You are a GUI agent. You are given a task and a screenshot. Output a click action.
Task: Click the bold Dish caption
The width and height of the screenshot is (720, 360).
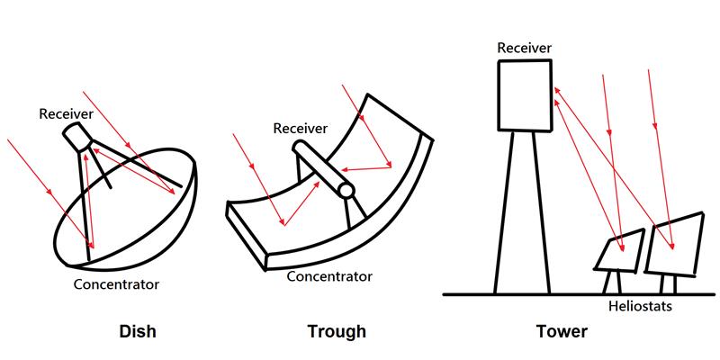[138, 330]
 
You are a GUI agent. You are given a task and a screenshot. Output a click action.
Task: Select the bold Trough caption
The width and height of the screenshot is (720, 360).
[337, 331]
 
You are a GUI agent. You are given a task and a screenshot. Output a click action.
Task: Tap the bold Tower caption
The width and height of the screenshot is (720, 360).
[562, 331]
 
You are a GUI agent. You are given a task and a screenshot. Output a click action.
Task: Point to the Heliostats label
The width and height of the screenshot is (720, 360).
[640, 306]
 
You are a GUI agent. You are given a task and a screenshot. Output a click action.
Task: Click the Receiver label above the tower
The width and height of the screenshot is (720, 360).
[525, 48]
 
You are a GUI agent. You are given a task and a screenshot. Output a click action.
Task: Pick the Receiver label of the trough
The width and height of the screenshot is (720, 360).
[301, 128]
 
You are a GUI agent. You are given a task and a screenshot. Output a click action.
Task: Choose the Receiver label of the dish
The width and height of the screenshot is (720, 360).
[66, 114]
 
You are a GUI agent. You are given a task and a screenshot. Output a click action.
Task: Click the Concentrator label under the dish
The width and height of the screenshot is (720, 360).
[116, 284]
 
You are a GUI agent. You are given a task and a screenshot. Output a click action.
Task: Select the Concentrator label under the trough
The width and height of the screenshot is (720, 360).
[329, 276]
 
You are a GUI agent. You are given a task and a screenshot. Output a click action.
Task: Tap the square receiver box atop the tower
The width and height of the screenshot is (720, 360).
[525, 95]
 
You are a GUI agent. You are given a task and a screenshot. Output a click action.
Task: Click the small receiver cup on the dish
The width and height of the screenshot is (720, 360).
[78, 136]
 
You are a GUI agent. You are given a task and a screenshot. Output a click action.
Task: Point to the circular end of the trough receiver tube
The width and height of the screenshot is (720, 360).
[346, 190]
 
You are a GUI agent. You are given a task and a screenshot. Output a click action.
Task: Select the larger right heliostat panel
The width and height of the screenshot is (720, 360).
[674, 244]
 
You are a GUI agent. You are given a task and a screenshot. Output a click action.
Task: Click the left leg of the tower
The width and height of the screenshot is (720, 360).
[504, 212]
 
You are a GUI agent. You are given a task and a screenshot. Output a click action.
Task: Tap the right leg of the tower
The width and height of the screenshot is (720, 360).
[541, 212]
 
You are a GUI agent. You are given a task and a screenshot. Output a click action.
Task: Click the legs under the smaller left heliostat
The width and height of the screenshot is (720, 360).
[612, 283]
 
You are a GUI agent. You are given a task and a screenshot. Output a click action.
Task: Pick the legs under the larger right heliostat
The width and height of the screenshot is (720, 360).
[668, 284]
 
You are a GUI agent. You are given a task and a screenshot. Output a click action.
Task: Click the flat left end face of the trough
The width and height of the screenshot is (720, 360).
[247, 235]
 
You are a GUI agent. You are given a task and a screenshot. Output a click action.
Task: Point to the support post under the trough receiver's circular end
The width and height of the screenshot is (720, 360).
[356, 212]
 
